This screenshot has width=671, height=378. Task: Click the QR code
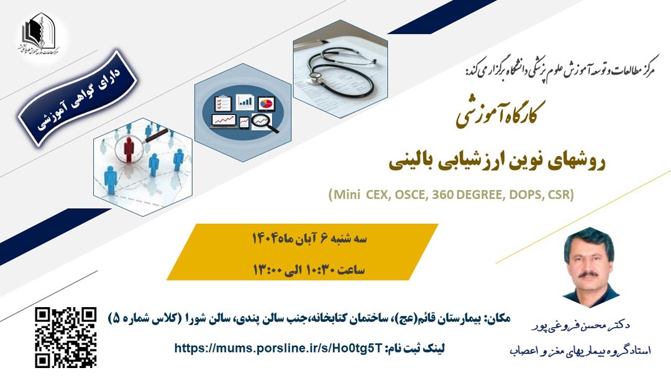66,338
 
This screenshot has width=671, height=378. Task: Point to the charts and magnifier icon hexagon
243,112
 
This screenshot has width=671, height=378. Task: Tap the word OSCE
411,195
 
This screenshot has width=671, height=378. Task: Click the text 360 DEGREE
468,195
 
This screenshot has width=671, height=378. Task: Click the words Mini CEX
362,195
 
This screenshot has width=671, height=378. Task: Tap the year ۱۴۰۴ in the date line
265,238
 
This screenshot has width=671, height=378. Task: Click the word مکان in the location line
500,319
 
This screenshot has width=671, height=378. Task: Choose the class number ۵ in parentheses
116,319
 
